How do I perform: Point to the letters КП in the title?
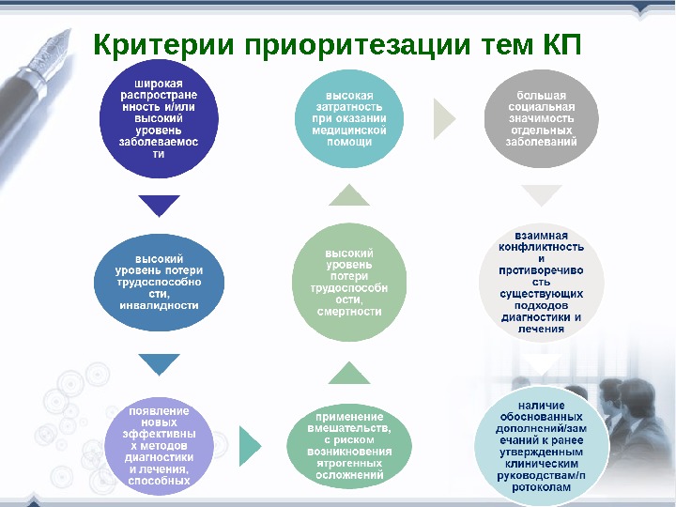(x=562, y=44)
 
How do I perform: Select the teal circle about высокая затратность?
(x=349, y=119)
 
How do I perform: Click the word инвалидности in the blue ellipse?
(x=160, y=305)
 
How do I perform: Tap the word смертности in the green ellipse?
(x=349, y=311)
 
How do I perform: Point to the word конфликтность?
(x=542, y=247)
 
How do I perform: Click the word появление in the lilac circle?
(x=160, y=410)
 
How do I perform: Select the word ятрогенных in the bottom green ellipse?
(x=349, y=463)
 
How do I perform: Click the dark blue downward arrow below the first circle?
(x=159, y=204)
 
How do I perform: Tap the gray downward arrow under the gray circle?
(x=542, y=195)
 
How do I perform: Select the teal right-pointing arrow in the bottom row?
(x=249, y=446)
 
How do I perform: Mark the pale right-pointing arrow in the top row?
(x=443, y=117)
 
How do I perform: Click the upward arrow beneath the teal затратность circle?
(x=349, y=195)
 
